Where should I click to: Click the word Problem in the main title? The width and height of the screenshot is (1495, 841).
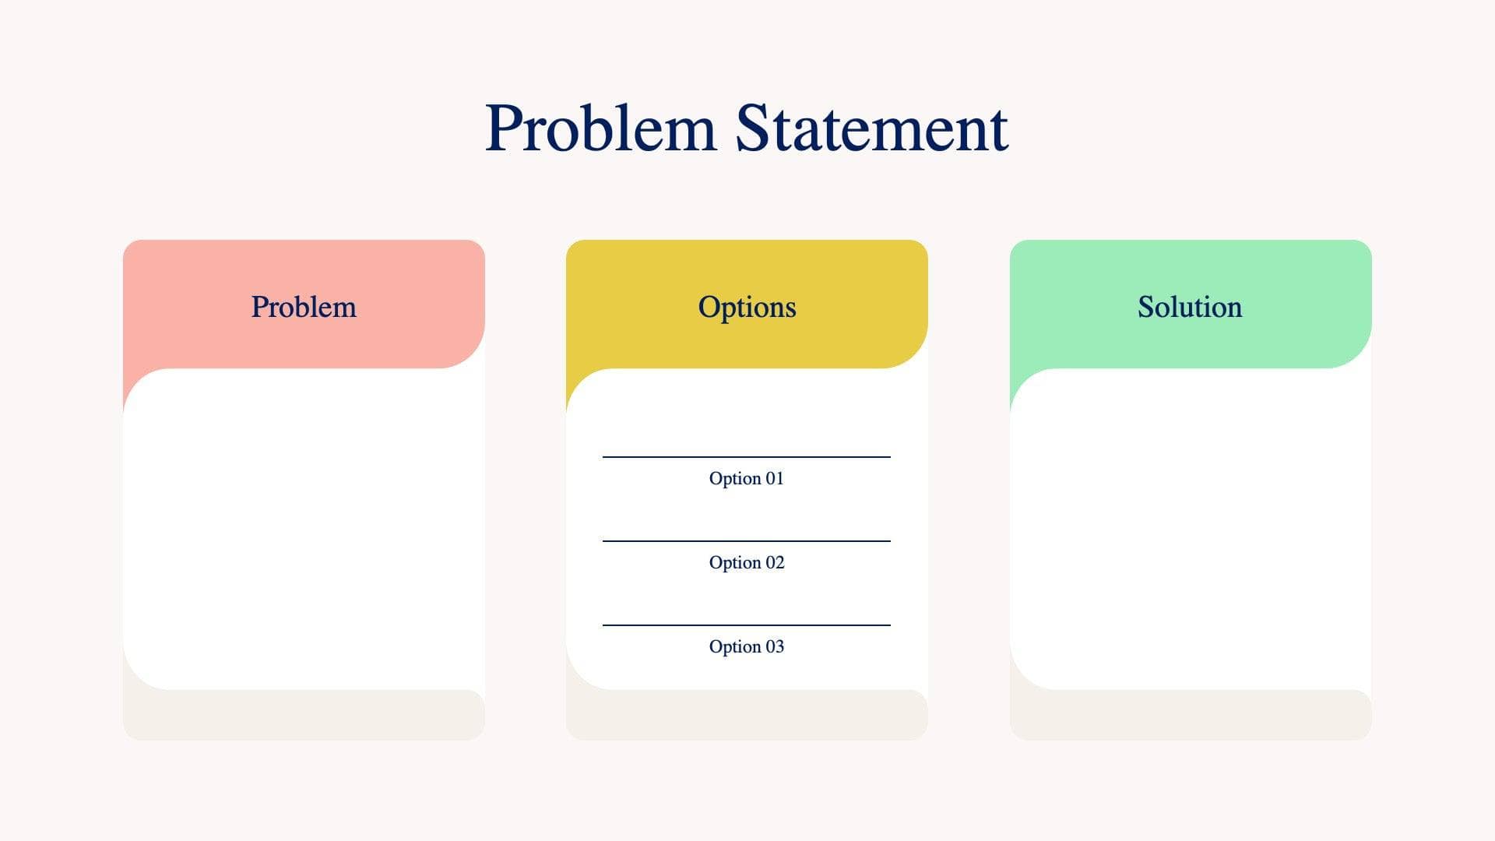tap(600, 128)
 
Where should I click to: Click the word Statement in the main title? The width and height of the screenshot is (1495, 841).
tap(871, 128)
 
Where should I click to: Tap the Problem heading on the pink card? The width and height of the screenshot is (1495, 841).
tap(304, 307)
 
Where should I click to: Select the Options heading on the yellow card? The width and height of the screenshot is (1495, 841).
tap(747, 307)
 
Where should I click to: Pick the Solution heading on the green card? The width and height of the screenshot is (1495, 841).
tap(1190, 307)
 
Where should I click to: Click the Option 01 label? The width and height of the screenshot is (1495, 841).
tap(746, 478)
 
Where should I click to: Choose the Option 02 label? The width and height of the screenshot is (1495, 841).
tap(746, 562)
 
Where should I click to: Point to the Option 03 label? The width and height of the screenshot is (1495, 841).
tap(746, 646)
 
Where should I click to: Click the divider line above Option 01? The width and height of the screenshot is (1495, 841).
tap(746, 457)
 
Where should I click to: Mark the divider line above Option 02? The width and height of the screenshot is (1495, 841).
tap(746, 541)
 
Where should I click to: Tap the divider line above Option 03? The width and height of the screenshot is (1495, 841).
tap(746, 625)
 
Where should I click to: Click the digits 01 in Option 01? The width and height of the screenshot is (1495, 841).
tap(775, 478)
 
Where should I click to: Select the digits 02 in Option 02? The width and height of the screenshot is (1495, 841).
tap(775, 562)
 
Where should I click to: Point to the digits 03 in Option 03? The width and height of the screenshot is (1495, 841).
tap(775, 646)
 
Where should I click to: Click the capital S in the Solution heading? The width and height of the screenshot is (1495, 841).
tap(1146, 307)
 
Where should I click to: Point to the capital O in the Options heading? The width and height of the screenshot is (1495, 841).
tap(708, 306)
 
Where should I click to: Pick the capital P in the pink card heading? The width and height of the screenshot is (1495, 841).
tap(259, 307)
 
